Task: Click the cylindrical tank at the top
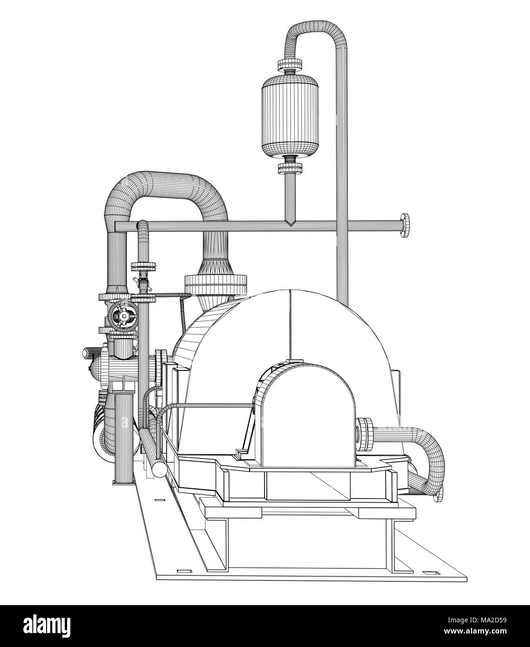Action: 290,114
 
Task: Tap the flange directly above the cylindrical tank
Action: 290,64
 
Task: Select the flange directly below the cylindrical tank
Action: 290,167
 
